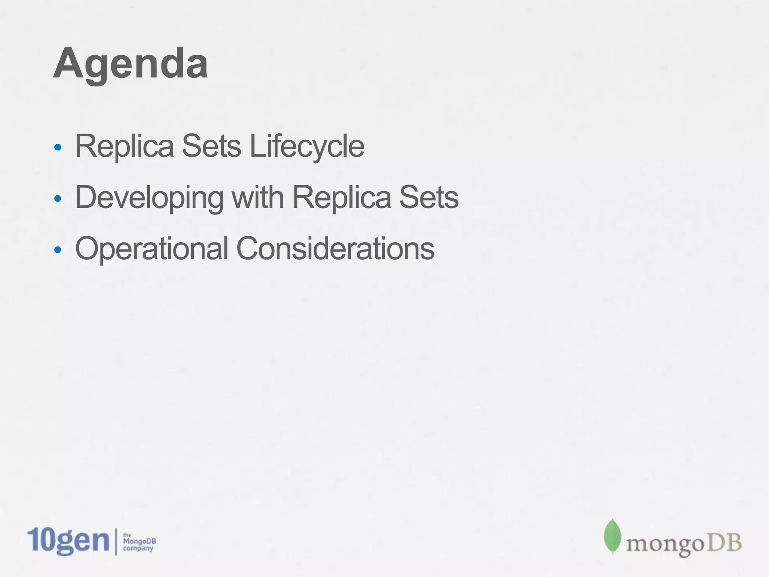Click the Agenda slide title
pyautogui.click(x=130, y=64)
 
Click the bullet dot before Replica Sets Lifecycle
pyautogui.click(x=57, y=147)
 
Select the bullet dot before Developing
pyautogui.click(x=57, y=198)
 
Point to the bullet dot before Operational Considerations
pyautogui.click(x=57, y=250)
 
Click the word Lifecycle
pyautogui.click(x=307, y=147)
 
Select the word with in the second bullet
pyautogui.click(x=258, y=197)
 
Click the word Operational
pyautogui.click(x=152, y=249)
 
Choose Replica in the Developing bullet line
pyautogui.click(x=341, y=197)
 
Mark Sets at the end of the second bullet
pyautogui.click(x=428, y=197)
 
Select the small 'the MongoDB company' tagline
pyautogui.click(x=139, y=542)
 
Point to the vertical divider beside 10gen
pyautogui.click(x=116, y=541)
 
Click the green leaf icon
pyautogui.click(x=612, y=537)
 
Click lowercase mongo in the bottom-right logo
pyautogui.click(x=665, y=545)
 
